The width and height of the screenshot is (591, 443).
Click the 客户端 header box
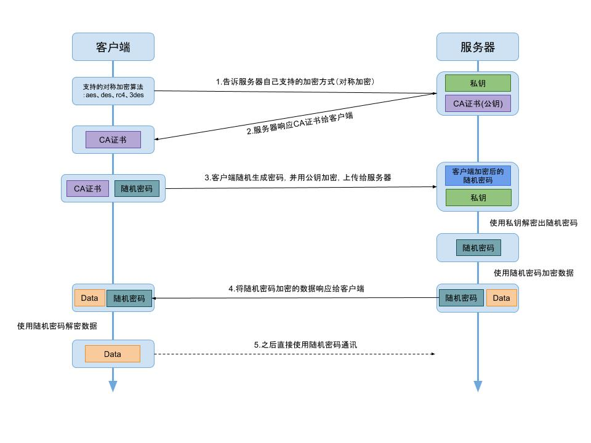[113, 47]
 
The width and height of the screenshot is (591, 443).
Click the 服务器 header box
[477, 47]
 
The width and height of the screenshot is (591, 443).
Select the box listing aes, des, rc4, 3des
[113, 91]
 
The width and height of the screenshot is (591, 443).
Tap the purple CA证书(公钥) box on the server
[478, 103]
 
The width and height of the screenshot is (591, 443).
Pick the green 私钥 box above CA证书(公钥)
[478, 83]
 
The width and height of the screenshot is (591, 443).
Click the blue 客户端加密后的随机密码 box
[478, 176]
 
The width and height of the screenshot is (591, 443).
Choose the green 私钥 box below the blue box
[478, 198]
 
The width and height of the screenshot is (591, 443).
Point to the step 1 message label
[295, 81]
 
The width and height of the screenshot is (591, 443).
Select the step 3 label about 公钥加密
[298, 177]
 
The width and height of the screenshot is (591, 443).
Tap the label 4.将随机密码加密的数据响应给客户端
[295, 288]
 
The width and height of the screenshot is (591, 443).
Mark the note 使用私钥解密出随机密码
[533, 223]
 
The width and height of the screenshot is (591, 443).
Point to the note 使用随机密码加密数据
[533, 273]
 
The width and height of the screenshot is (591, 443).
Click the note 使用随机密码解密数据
[57, 325]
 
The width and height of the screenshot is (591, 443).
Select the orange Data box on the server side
[501, 298]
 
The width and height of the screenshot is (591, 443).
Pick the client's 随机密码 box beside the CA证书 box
[137, 188]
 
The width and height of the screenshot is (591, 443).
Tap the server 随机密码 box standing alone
[478, 247]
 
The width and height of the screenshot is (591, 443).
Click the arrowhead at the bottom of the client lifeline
[113, 386]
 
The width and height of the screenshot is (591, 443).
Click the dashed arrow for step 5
[295, 354]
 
